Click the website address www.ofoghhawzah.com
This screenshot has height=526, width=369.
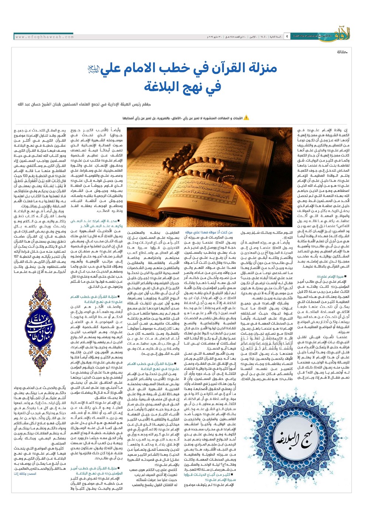[45, 37]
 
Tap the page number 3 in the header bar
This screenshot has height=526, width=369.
[287, 37]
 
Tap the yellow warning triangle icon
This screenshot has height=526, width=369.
[246, 118]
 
